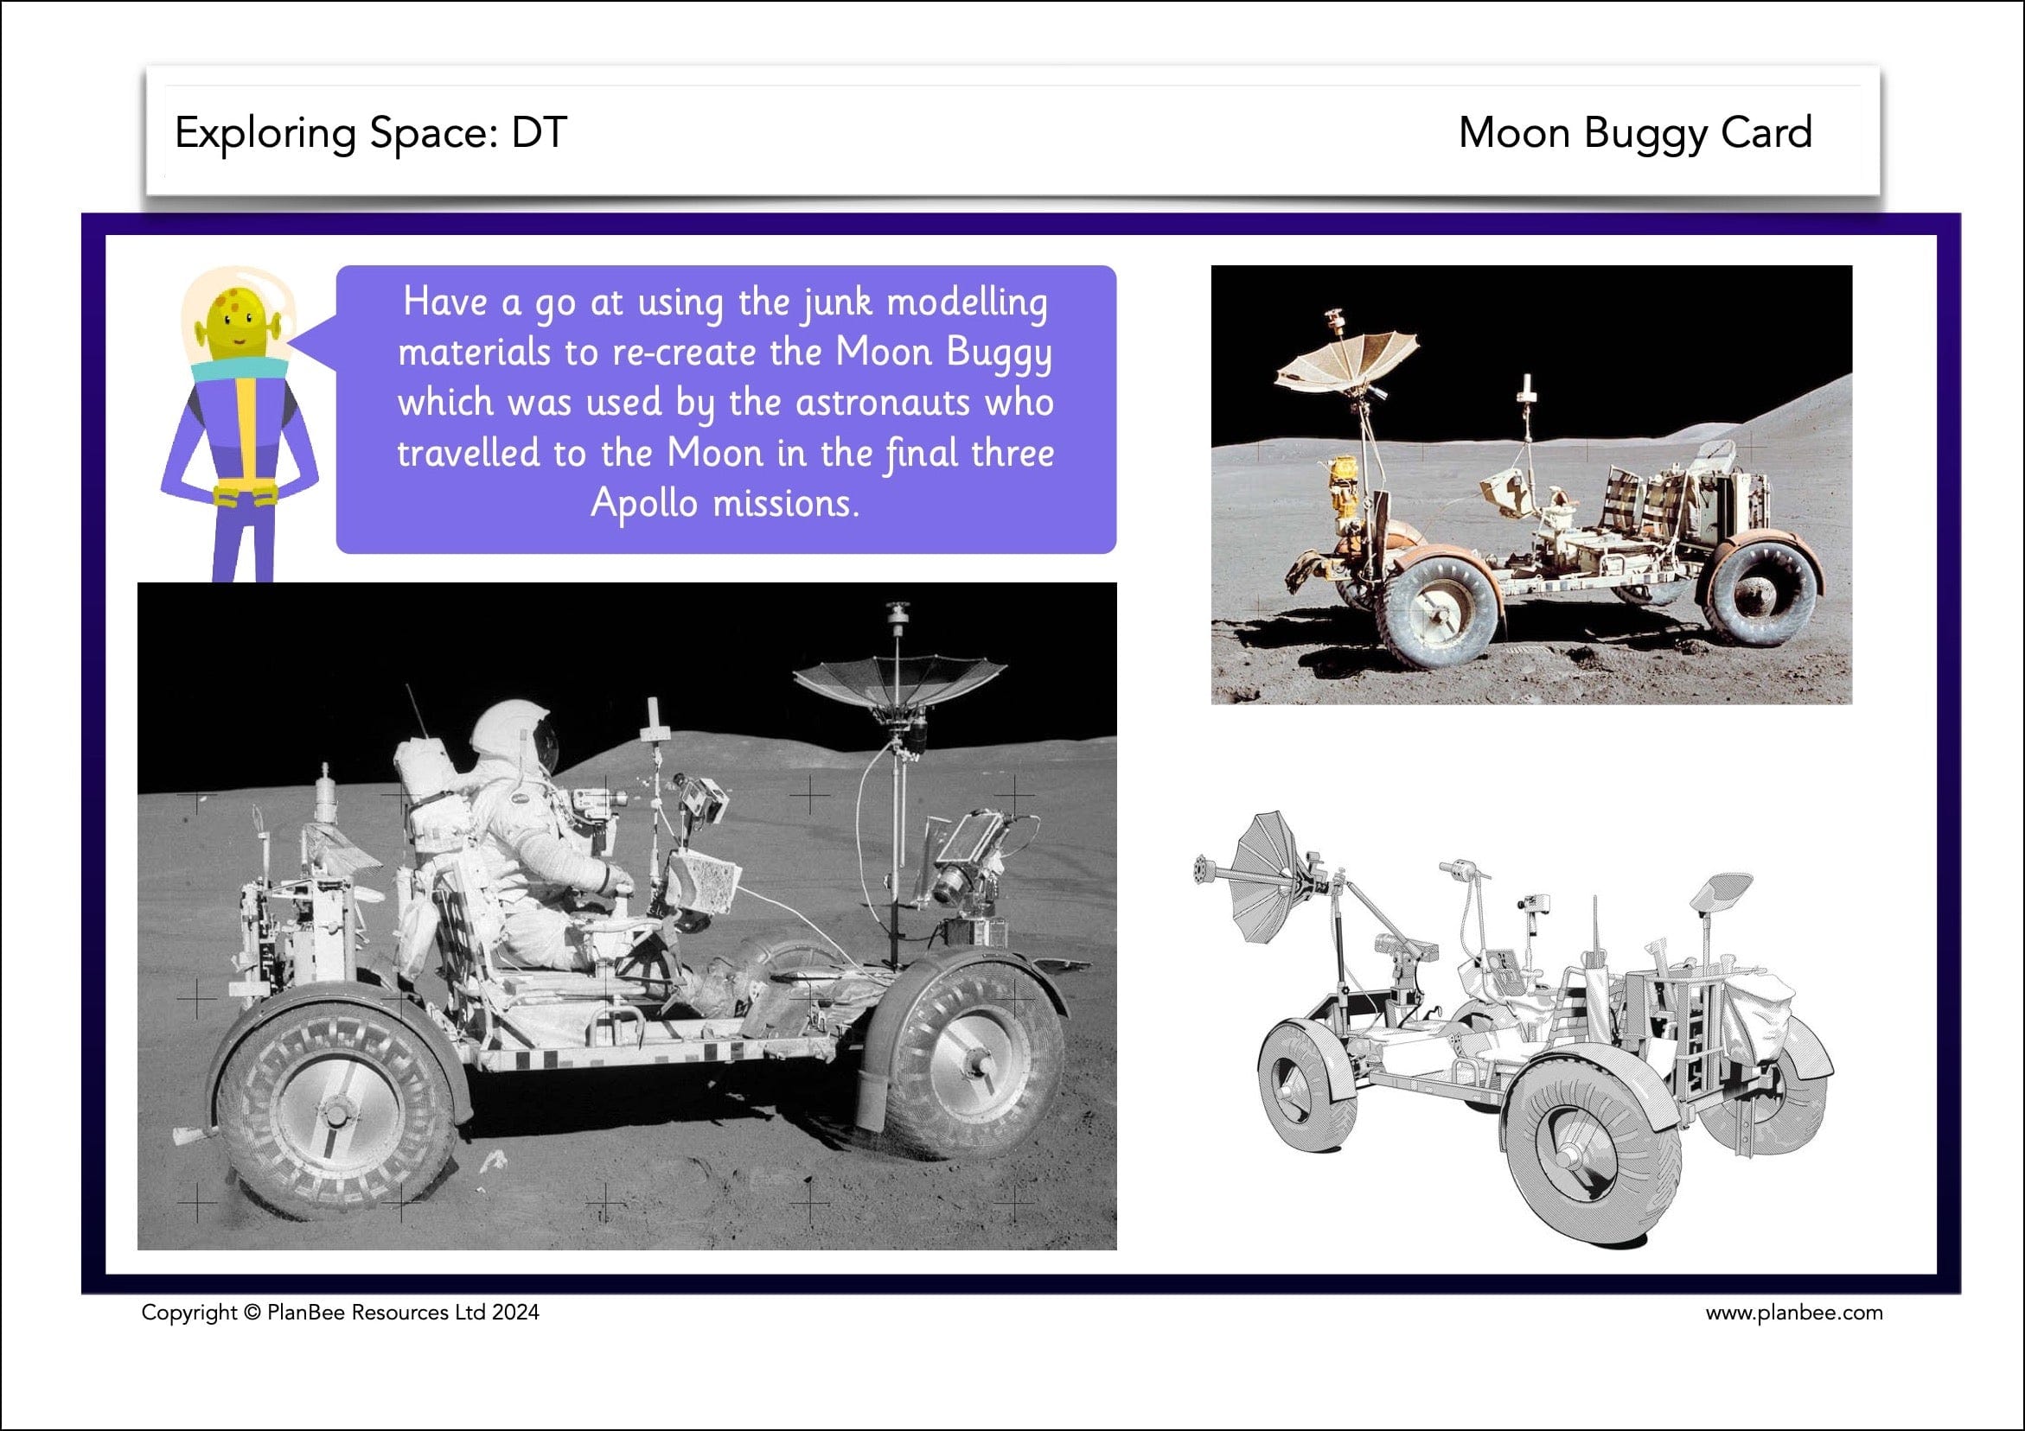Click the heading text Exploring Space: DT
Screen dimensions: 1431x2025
370,133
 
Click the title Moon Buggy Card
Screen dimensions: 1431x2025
1634,133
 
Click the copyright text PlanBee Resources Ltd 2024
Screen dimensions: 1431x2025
402,1313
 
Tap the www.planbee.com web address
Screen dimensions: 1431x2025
1793,1313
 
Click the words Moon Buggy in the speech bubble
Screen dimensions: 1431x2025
942,353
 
